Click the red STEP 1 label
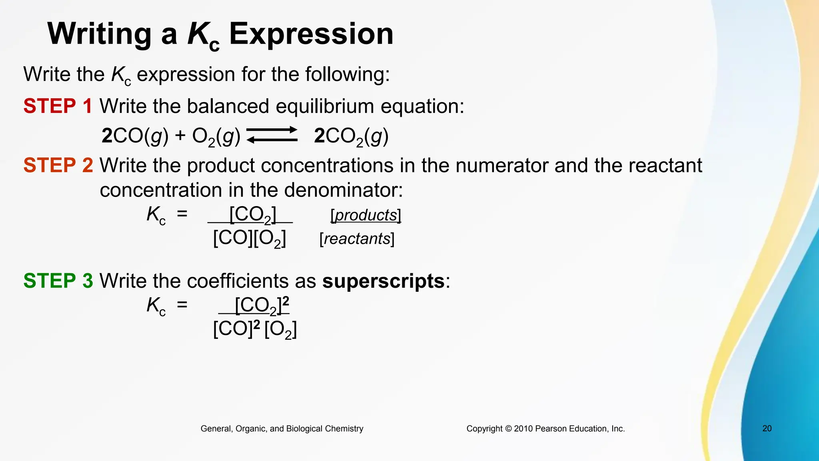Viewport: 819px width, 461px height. point(58,106)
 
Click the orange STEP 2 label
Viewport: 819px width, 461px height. point(58,165)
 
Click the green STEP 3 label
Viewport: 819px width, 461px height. point(58,281)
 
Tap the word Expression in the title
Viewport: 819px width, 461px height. point(311,34)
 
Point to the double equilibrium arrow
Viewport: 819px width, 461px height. point(272,135)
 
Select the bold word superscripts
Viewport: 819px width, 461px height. point(384,281)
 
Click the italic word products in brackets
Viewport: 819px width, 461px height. point(366,215)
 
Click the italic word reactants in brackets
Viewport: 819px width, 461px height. point(357,239)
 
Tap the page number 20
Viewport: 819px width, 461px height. point(767,429)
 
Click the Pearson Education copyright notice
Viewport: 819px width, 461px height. point(545,429)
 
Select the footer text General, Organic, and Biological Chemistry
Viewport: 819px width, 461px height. point(282,429)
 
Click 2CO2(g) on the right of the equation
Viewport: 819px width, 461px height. point(351,136)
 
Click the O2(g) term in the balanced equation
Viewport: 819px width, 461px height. point(216,136)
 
